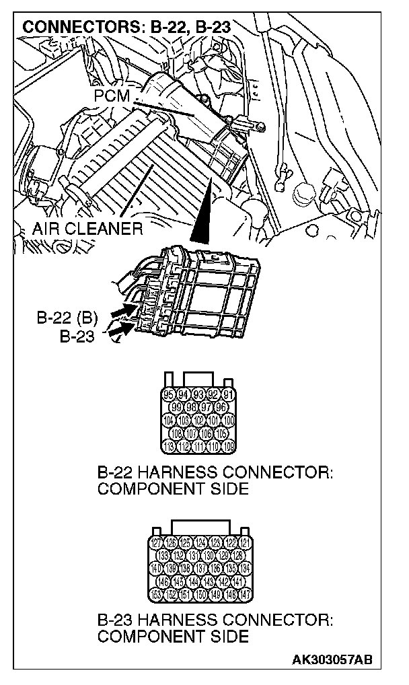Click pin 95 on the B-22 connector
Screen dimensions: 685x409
(x=169, y=395)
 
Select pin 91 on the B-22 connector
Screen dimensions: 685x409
(x=229, y=395)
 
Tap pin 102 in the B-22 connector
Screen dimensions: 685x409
(x=199, y=419)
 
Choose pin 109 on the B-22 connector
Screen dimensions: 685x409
(x=229, y=445)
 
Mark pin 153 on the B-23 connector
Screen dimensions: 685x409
(x=155, y=594)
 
